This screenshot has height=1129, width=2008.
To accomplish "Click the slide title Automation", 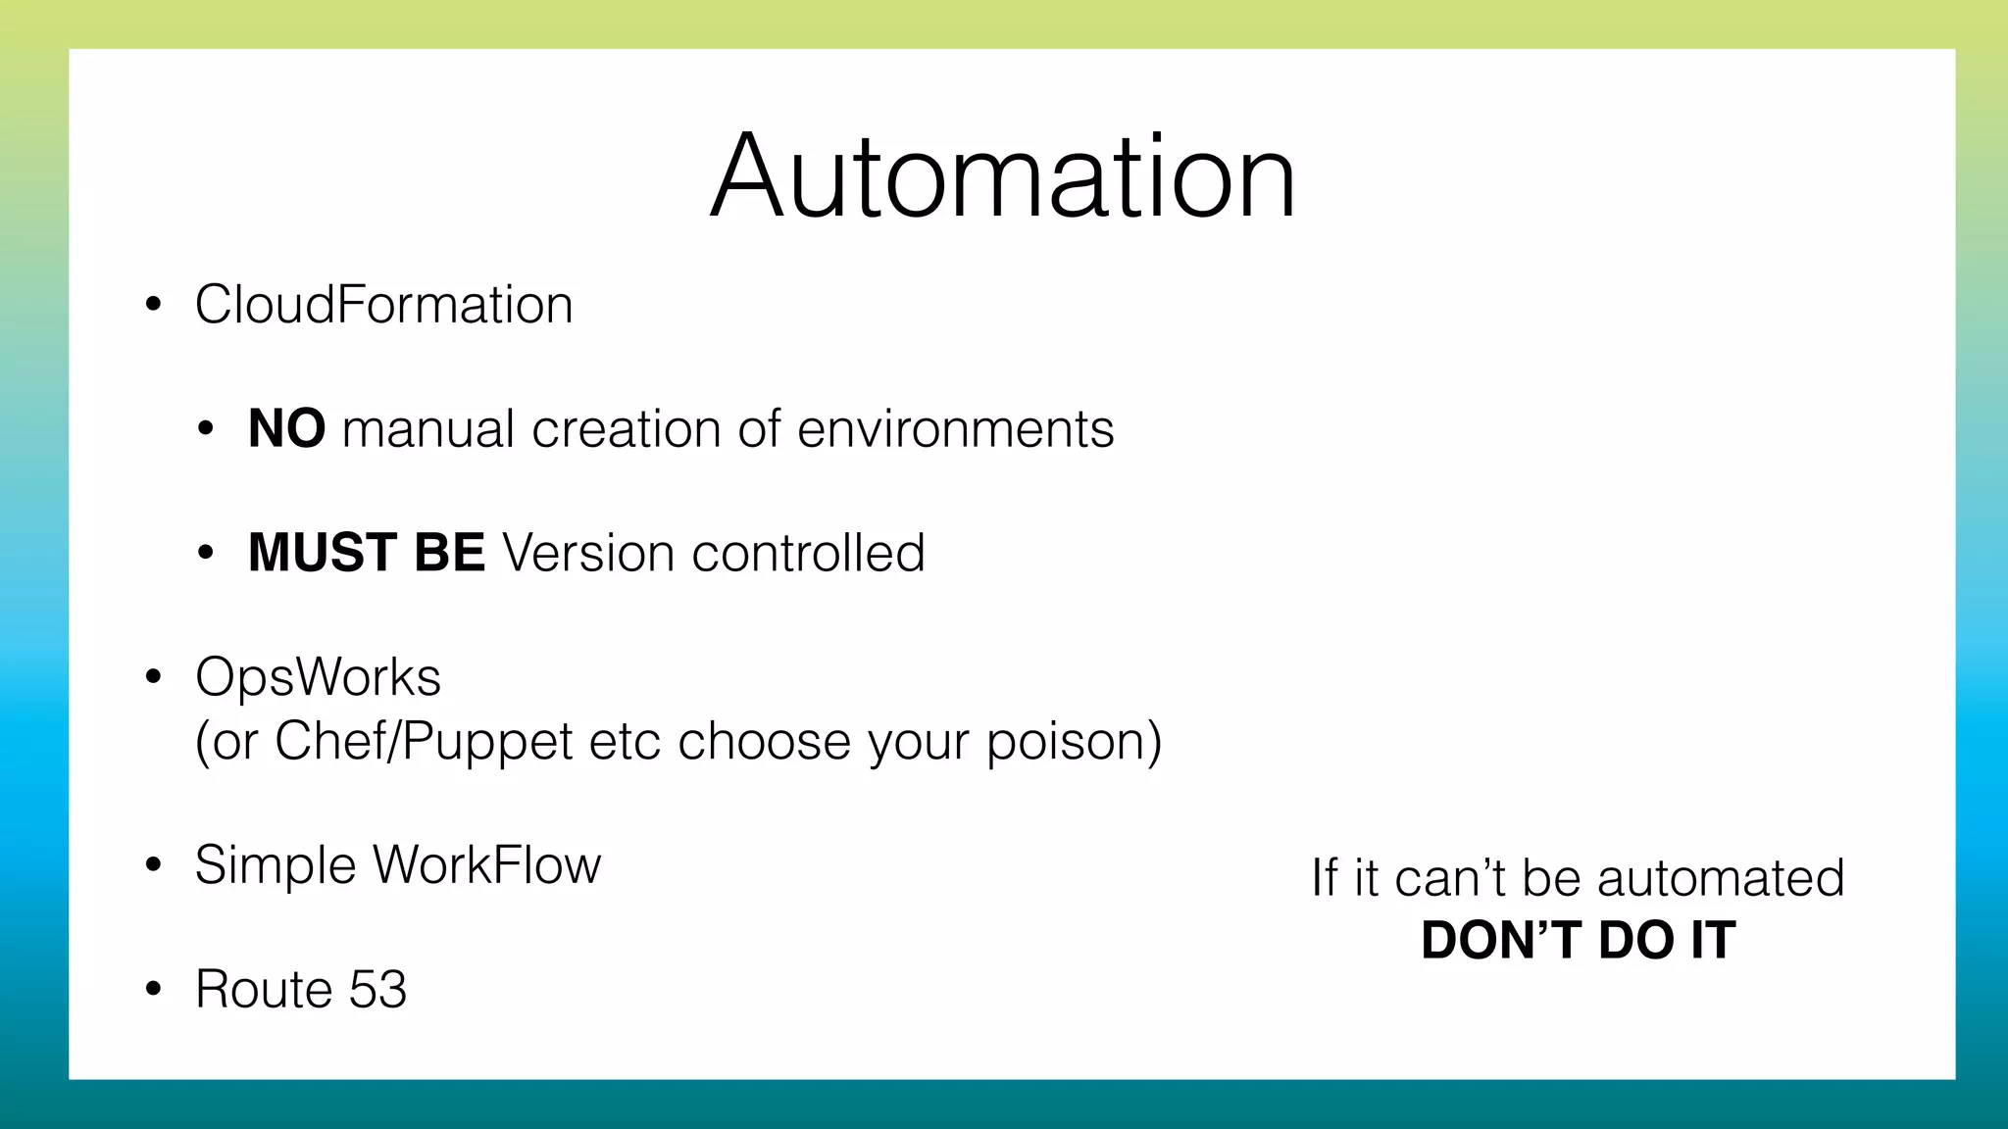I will pyautogui.click(x=1003, y=177).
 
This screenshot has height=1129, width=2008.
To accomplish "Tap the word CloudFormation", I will pyautogui.click(x=383, y=305).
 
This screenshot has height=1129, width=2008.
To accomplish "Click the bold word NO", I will pyautogui.click(x=286, y=429).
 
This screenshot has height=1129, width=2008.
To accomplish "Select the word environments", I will pyautogui.click(x=956, y=429).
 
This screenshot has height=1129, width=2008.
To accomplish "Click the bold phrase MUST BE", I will pyautogui.click(x=366, y=553).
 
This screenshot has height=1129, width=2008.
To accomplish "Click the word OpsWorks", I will pyautogui.click(x=318, y=678).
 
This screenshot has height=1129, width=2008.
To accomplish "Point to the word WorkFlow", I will pyautogui.click(x=486, y=865).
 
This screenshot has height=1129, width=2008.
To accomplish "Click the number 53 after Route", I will pyautogui.click(x=377, y=989).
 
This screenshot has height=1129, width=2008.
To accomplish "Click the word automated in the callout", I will pyautogui.click(x=1721, y=877).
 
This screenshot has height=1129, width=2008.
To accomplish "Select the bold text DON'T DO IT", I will pyautogui.click(x=1578, y=941).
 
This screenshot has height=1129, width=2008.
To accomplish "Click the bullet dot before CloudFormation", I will pyautogui.click(x=153, y=306).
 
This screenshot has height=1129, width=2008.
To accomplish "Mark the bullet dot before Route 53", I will pyautogui.click(x=153, y=990).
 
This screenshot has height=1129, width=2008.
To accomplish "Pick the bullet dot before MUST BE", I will pyautogui.click(x=205, y=554).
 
